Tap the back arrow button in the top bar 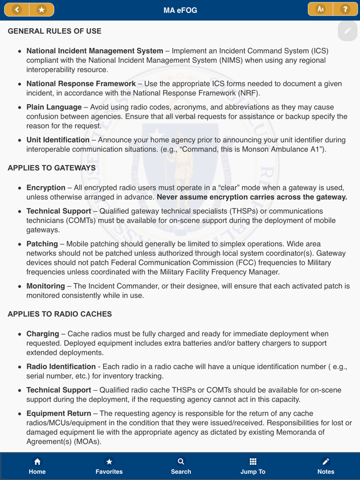point(17,10)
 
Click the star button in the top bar point(42,10)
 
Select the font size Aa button point(320,9)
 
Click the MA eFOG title point(180,10)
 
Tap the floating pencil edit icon point(348,31)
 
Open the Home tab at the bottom point(37,466)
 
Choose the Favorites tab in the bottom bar point(109,466)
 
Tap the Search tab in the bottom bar point(181,466)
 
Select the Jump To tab point(253,466)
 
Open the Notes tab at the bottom point(326,466)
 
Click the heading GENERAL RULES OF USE point(55,31)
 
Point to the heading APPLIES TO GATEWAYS point(51,168)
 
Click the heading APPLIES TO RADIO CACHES point(60,314)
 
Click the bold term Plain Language point(54,107)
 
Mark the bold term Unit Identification point(58,140)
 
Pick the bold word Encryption point(46,188)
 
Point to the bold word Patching point(42,244)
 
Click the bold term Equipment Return point(59,414)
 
